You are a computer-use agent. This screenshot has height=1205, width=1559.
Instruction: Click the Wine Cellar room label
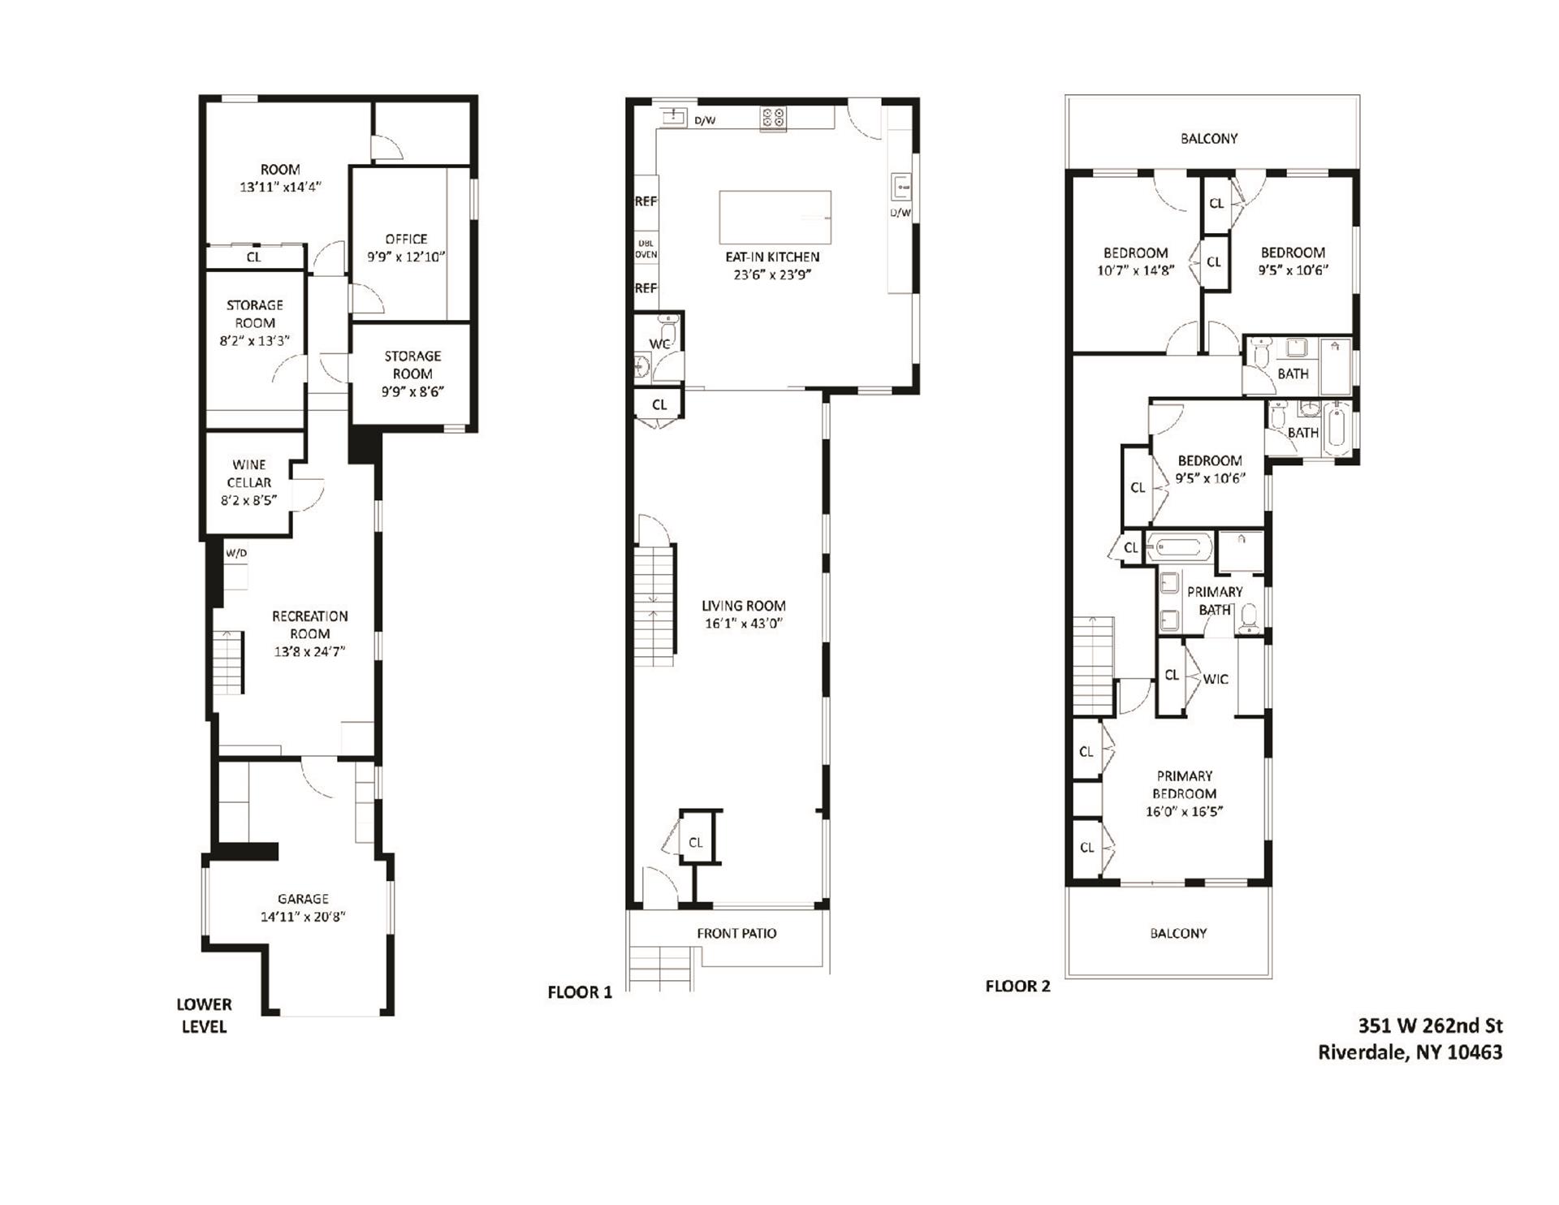[x=248, y=473]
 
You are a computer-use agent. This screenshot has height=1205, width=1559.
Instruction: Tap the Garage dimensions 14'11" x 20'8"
[x=303, y=917]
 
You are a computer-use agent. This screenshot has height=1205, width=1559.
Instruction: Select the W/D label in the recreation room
[x=236, y=554]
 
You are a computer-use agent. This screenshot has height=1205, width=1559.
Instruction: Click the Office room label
[x=406, y=239]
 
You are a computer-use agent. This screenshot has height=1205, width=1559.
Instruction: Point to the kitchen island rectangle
[x=775, y=217]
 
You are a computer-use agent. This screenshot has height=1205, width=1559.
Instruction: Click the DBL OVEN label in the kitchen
[x=646, y=248]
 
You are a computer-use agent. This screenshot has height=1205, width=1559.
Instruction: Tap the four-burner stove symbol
[x=772, y=119]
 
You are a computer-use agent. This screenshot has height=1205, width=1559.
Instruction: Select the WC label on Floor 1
[x=659, y=344]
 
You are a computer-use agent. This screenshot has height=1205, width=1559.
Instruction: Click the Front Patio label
[x=736, y=933]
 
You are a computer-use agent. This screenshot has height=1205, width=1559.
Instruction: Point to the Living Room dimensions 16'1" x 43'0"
[x=743, y=624]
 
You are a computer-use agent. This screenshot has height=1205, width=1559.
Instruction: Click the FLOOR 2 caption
[x=1017, y=986]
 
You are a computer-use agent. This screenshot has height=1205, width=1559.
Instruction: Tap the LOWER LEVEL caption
[x=204, y=1015]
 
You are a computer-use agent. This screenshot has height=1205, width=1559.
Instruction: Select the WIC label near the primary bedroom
[x=1215, y=679]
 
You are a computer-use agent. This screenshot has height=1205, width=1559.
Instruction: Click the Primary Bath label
[x=1214, y=600]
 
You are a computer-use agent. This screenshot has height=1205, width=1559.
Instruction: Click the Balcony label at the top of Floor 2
[x=1208, y=138]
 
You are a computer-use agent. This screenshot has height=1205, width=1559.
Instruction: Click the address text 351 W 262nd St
[x=1430, y=1025]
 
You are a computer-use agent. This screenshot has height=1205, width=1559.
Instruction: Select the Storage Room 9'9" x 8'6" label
[x=412, y=374]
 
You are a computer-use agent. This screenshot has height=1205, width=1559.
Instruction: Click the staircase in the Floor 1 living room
[x=654, y=605]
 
